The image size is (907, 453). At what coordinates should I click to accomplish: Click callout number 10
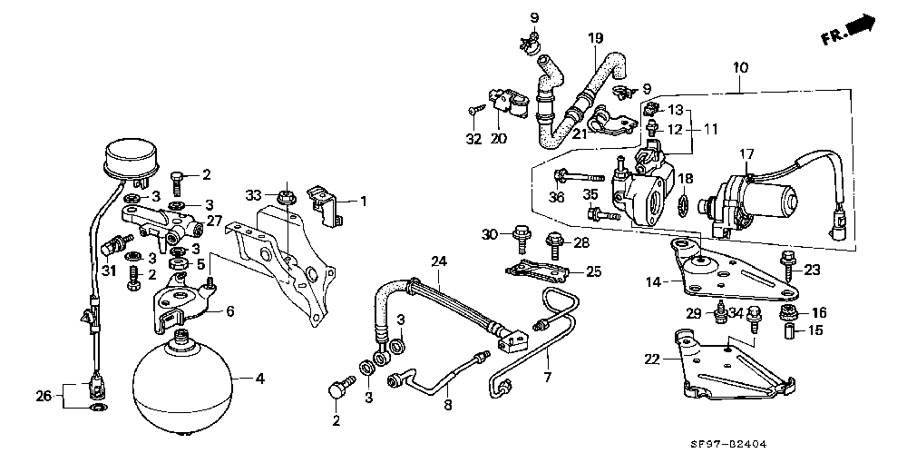(740, 66)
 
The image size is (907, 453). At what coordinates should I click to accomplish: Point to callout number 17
(746, 153)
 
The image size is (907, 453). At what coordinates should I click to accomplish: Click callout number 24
(439, 262)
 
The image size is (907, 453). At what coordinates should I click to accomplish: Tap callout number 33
(253, 194)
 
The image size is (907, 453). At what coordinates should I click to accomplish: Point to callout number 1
(364, 201)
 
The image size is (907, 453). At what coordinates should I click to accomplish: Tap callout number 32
(473, 140)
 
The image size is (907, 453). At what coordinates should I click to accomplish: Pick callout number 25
(593, 271)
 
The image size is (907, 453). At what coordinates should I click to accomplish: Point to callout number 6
(230, 310)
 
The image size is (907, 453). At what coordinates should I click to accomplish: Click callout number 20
(498, 139)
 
